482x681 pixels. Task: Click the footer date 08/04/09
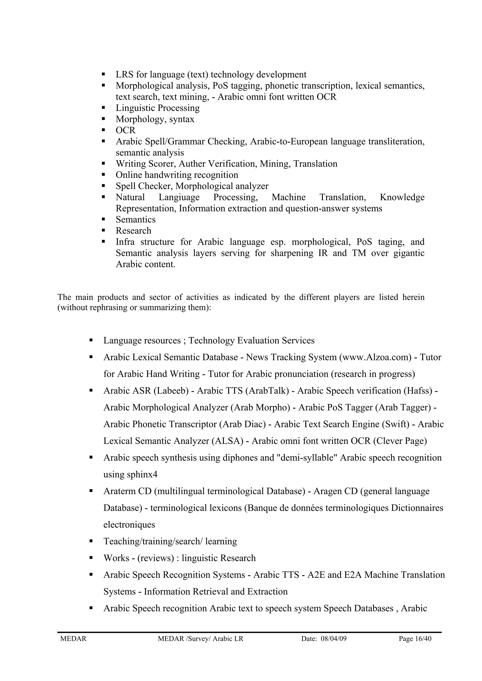(333, 639)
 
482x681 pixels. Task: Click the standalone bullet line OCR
(125, 130)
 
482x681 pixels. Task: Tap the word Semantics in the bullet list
(135, 220)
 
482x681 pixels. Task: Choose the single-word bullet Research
(133, 231)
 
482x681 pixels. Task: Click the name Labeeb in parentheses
(171, 391)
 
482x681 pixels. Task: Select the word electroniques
(129, 525)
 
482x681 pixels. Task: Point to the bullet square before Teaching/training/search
(91, 541)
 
